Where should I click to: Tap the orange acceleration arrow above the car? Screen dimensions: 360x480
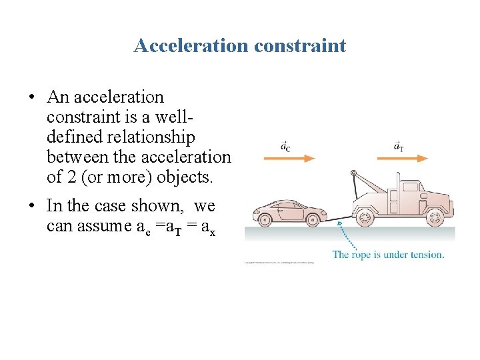(x=289, y=158)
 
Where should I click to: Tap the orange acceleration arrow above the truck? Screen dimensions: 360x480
(x=401, y=158)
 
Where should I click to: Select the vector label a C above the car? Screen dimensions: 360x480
(x=285, y=145)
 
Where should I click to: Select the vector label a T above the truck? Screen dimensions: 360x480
(x=398, y=145)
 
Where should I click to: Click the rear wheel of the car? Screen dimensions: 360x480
(x=263, y=217)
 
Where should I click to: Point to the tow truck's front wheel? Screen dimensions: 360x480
(x=435, y=217)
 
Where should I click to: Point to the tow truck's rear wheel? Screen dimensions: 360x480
(x=365, y=217)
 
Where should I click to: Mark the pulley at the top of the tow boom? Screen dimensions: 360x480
(x=353, y=175)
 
